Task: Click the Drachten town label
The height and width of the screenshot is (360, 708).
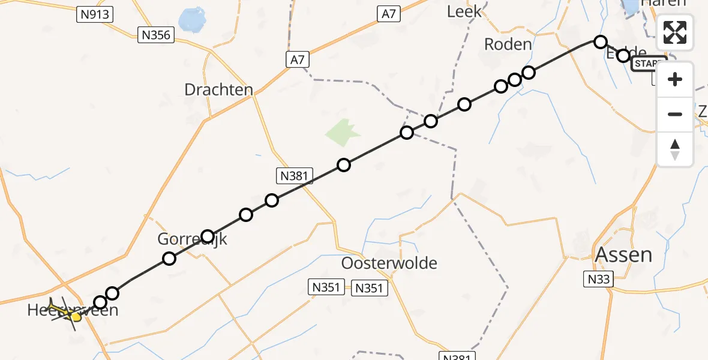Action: point(218,90)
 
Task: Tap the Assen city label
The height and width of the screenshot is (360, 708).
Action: point(623,254)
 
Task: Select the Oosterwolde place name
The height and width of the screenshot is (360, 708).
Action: point(389,263)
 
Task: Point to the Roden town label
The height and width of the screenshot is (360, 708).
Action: point(508,44)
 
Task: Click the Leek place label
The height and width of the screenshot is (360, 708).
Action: point(464,11)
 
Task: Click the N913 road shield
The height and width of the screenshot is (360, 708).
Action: point(95,14)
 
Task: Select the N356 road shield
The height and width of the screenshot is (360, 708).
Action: point(156,35)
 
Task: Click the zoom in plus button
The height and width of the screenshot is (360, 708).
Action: point(675,80)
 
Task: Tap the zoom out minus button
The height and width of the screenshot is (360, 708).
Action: point(675,114)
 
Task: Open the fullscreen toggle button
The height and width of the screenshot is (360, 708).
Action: point(675,32)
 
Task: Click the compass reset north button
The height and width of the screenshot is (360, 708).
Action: point(675,149)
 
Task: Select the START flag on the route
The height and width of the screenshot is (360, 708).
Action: point(649,64)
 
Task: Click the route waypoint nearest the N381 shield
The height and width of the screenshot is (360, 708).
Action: point(272,200)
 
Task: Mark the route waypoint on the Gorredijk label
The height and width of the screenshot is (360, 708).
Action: point(208,236)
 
